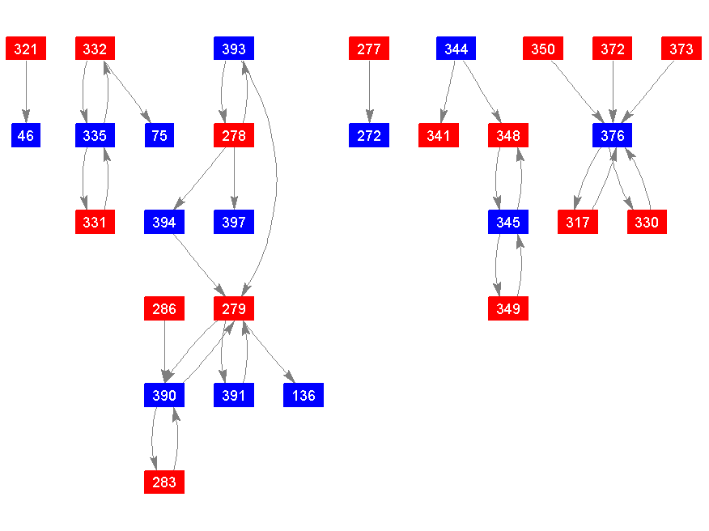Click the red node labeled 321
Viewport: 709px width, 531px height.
(x=26, y=49)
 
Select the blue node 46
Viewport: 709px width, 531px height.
(x=26, y=135)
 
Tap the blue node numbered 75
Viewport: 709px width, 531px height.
(x=159, y=135)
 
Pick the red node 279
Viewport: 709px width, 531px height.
(x=234, y=308)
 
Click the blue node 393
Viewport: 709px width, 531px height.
(x=234, y=49)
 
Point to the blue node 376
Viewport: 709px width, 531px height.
(x=612, y=135)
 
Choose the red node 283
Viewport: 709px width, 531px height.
(x=164, y=482)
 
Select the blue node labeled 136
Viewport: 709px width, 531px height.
(x=304, y=395)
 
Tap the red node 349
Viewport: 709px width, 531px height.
(x=508, y=308)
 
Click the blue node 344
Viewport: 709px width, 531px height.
(x=456, y=49)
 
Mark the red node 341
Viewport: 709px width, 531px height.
(x=439, y=135)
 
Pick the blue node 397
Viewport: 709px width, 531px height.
(x=234, y=222)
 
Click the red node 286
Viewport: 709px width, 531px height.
(x=164, y=308)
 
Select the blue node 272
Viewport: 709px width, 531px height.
(x=369, y=135)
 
